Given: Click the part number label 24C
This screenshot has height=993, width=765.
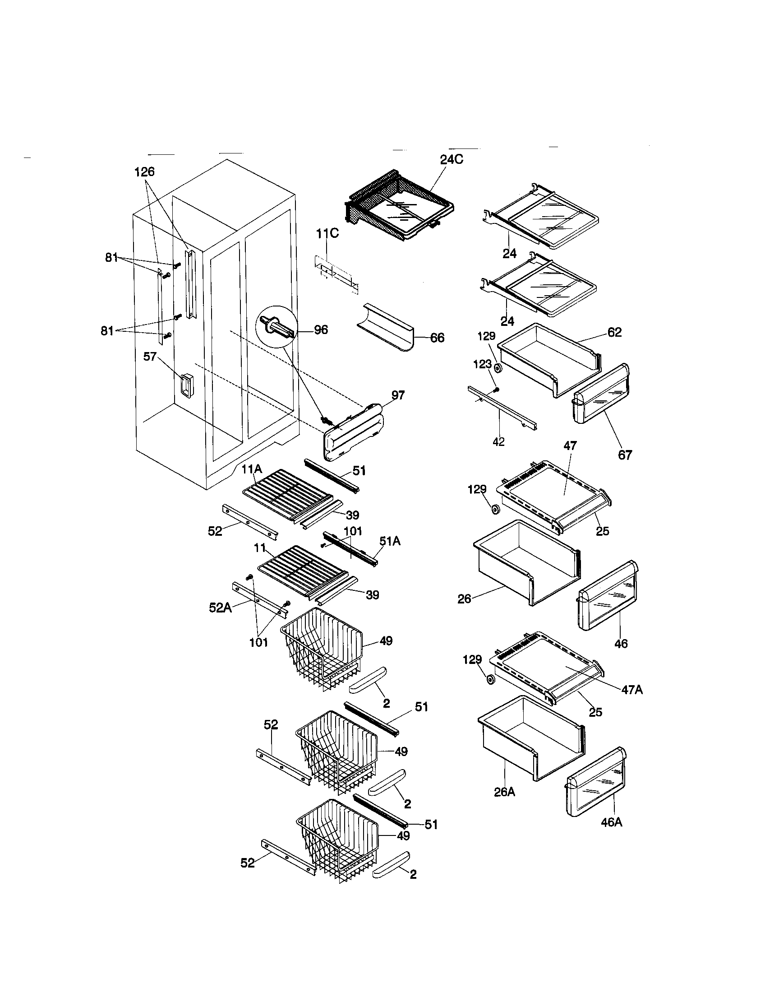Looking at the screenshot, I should pos(451,160).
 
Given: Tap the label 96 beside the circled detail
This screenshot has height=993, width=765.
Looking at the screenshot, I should pos(321,330).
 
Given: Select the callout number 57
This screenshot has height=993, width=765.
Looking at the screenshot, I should pos(150,357).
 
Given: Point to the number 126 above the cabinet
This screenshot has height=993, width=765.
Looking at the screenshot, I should pos(144,172).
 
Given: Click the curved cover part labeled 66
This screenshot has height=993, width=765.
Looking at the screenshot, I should pos(386,334).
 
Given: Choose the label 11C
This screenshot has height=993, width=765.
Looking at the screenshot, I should pos(327,234).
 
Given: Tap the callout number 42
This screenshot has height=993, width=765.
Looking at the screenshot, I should pos(498,441).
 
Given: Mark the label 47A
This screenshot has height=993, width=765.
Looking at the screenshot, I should pos(632,690).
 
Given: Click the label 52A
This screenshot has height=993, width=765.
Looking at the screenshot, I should pos(220,608).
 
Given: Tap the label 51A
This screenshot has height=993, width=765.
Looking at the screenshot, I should pos(390,541).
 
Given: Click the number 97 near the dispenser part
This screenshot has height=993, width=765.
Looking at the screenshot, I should pos(398,395).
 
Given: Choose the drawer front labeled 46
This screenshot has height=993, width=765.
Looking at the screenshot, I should pos(608,596).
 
